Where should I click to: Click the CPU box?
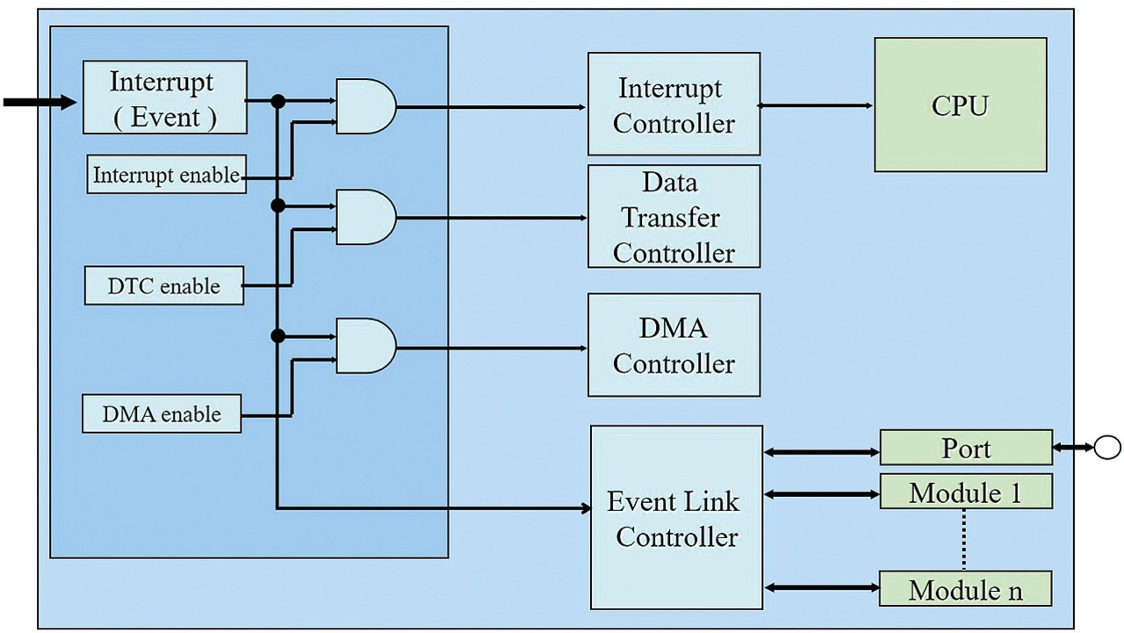(960, 104)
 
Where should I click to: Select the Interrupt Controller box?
(674, 105)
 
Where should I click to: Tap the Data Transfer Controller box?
(674, 217)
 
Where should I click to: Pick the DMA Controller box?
(674, 345)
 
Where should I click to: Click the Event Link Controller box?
(675, 517)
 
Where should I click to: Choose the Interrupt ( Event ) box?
(163, 97)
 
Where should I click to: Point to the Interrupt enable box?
(165, 174)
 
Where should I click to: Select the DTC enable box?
(163, 286)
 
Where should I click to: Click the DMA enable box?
(162, 414)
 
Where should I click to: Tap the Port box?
(965, 448)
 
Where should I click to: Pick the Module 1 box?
(965, 492)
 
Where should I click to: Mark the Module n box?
(965, 588)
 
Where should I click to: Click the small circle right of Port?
(1107, 448)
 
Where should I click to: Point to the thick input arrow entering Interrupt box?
(40, 103)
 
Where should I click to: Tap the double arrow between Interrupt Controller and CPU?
(816, 106)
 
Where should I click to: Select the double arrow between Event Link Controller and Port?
(821, 452)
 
